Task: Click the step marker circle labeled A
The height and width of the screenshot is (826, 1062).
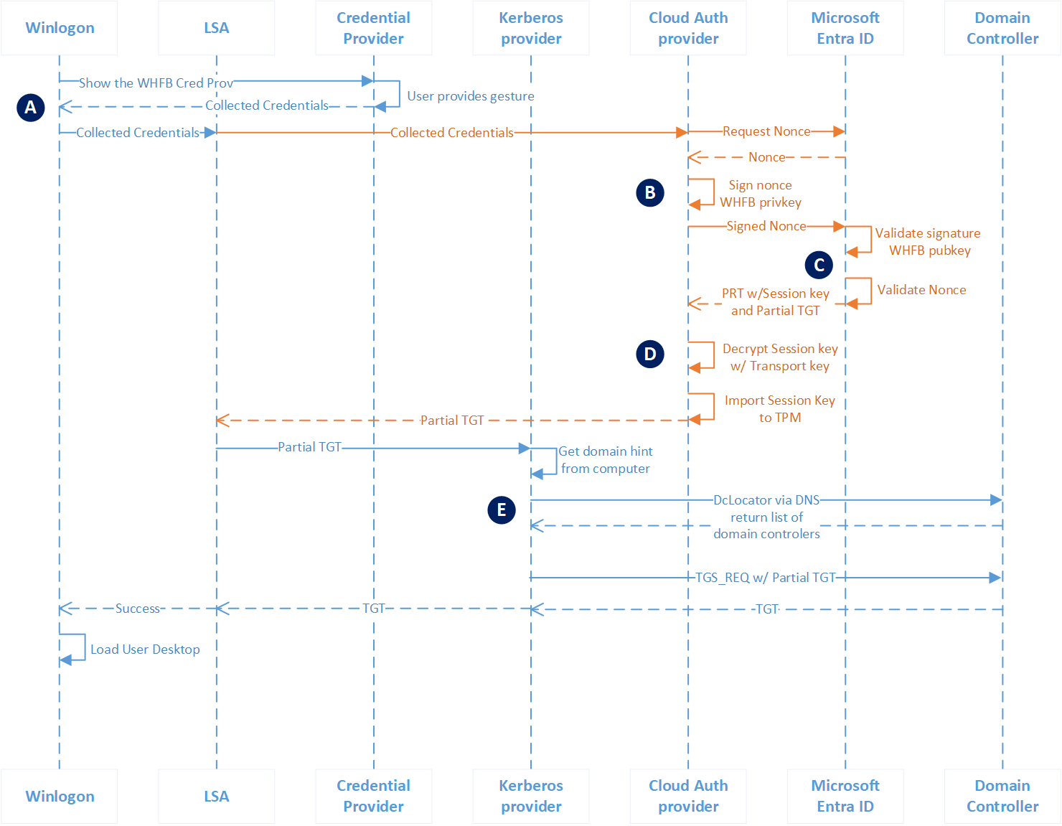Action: tap(30, 108)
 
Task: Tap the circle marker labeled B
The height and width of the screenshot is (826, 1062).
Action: tap(650, 192)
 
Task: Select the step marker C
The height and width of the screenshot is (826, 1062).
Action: tap(819, 265)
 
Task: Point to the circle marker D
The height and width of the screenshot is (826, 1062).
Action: tap(650, 354)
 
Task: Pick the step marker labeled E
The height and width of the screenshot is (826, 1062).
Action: tap(502, 510)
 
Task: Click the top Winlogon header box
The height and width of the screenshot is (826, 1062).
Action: tap(60, 28)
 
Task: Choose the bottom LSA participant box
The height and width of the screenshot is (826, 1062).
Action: tap(216, 796)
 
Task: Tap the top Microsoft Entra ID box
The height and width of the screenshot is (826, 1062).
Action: tap(845, 28)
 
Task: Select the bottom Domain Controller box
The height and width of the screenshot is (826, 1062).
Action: tap(1002, 796)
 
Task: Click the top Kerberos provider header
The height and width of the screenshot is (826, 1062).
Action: tap(531, 28)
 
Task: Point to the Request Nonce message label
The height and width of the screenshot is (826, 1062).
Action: tap(766, 131)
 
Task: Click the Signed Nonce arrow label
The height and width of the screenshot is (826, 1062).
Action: tap(766, 226)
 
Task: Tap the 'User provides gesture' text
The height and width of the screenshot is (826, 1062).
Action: tap(471, 96)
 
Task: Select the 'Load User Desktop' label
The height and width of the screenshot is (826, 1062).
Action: tap(145, 649)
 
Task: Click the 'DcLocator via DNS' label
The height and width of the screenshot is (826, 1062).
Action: tap(766, 500)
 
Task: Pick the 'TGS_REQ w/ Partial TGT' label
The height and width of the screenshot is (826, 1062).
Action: tap(766, 578)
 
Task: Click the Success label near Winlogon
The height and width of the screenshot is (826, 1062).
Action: tap(138, 609)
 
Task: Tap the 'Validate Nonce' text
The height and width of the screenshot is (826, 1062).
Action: tap(921, 290)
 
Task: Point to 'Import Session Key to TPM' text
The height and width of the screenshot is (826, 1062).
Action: tap(780, 409)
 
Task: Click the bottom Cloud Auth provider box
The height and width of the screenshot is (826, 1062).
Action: tap(688, 796)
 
